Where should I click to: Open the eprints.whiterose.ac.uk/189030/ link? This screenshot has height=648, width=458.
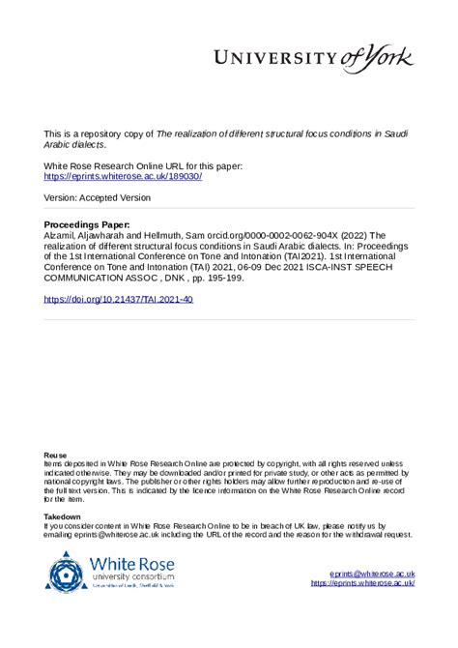123,176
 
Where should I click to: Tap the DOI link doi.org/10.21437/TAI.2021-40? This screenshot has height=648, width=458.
119,300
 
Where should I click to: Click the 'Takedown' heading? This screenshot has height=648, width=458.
63,517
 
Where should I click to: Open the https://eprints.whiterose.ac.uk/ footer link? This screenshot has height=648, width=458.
362,583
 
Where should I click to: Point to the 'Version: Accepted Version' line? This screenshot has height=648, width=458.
98,197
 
